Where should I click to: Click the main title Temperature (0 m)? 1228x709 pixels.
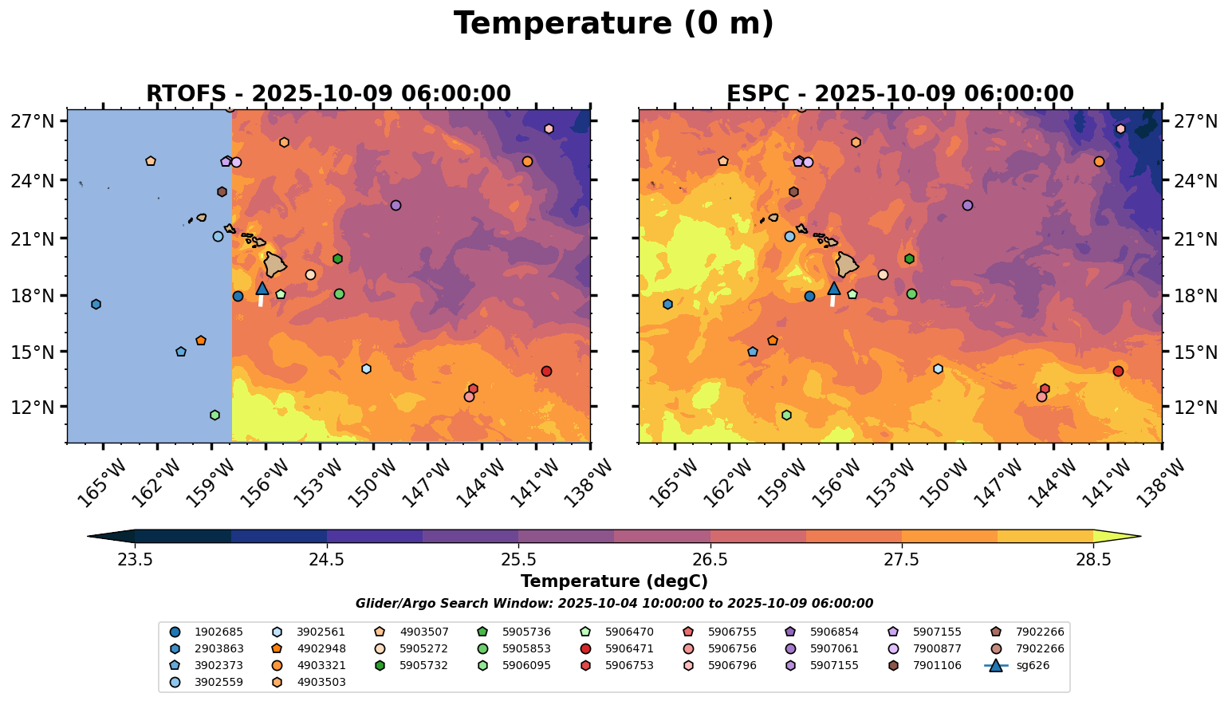tap(613, 24)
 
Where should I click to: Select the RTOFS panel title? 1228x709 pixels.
tap(328, 94)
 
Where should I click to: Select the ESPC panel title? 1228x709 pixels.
tap(899, 94)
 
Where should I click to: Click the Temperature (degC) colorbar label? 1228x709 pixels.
tap(613, 581)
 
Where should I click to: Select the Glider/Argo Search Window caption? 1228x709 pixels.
tap(613, 604)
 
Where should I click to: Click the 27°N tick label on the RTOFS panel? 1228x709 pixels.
tap(33, 122)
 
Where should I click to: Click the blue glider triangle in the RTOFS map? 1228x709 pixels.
tap(262, 289)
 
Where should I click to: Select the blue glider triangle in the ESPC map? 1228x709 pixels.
tap(834, 289)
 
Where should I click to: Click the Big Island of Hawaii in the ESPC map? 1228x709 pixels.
tap(847, 264)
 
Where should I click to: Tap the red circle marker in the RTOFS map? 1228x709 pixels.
tap(546, 371)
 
